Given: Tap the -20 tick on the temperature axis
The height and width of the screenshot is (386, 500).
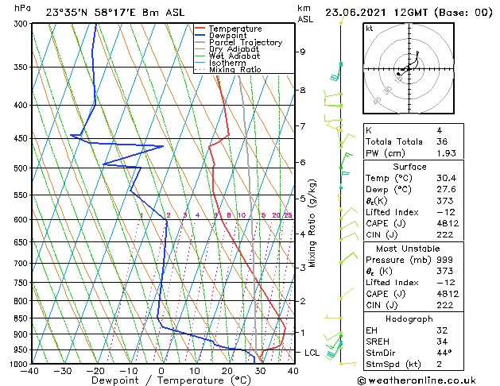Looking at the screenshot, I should (x=95, y=370).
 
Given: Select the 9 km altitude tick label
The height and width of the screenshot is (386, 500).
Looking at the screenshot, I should (x=302, y=52).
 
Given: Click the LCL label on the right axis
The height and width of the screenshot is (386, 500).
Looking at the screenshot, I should (x=312, y=352).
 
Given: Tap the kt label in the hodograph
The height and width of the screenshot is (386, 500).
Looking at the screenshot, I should (x=370, y=28).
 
